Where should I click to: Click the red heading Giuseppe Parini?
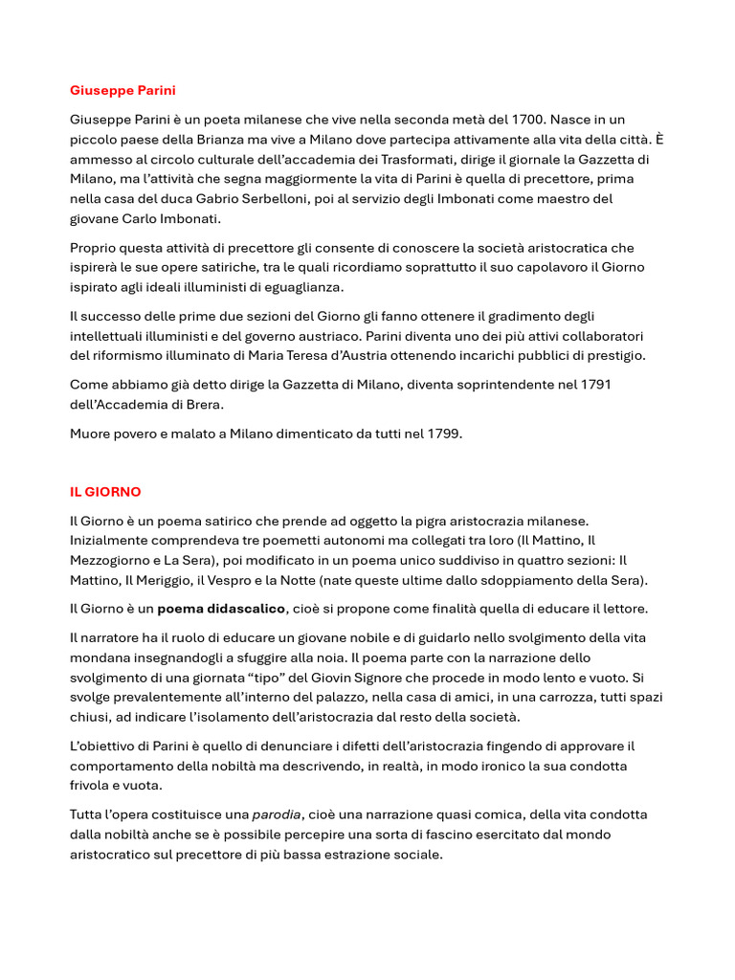[122, 91]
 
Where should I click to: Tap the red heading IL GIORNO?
[105, 492]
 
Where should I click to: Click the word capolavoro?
[554, 267]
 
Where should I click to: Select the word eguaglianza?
[304, 287]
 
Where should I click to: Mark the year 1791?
[593, 385]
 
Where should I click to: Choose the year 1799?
[443, 434]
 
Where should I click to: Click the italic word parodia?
[277, 815]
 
